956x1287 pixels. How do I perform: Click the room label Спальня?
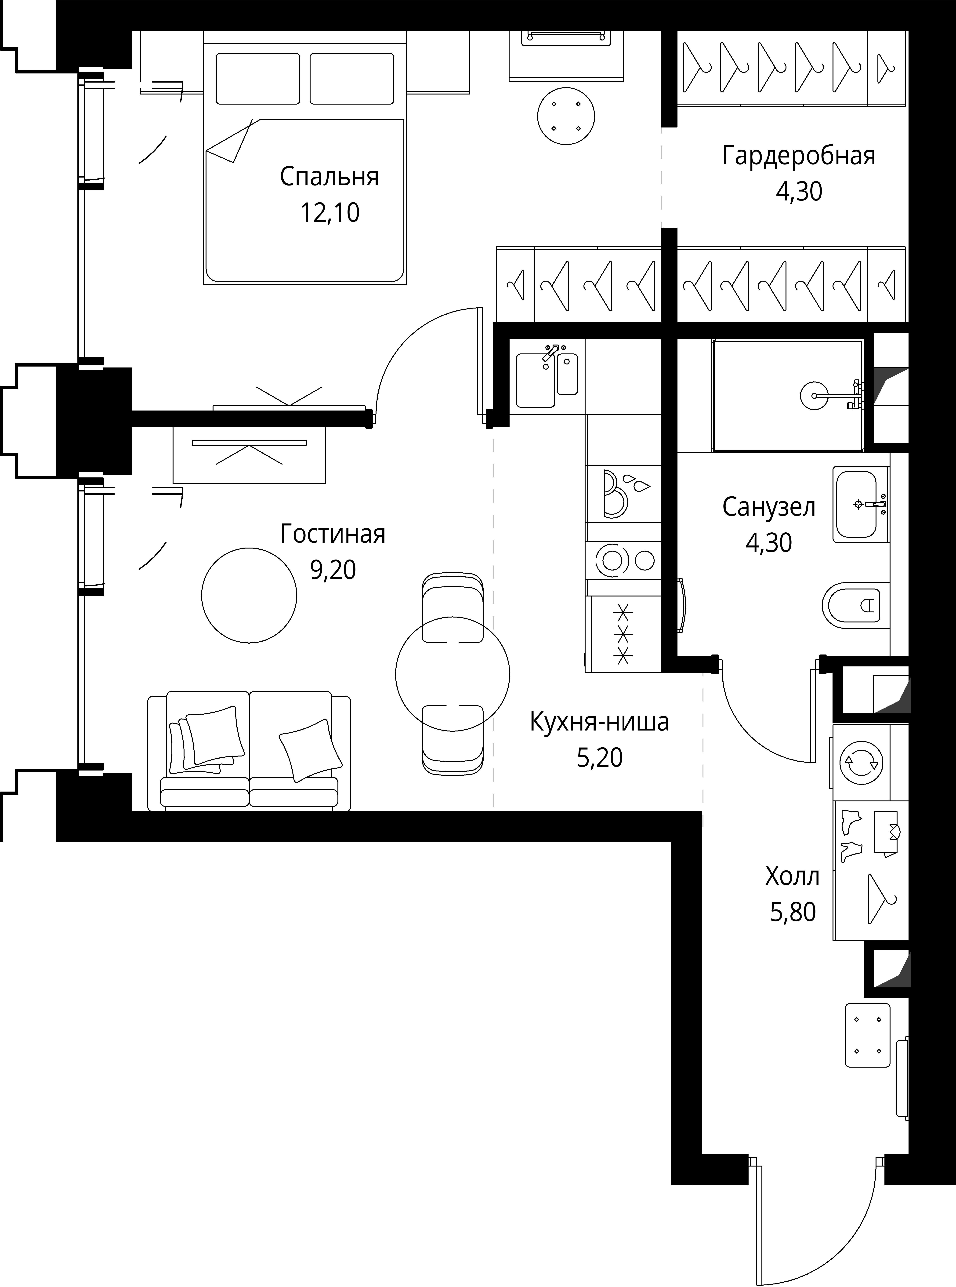[x=329, y=177]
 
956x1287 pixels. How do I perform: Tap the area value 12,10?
[x=329, y=213]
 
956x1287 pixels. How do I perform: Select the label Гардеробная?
[x=799, y=156]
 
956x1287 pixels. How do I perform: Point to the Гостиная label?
[x=333, y=534]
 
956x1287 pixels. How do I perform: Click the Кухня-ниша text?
[x=600, y=722]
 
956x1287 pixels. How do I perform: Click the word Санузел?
[x=768, y=507]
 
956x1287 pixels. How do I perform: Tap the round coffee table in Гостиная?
[x=249, y=596]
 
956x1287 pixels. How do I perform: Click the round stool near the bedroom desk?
[x=566, y=116]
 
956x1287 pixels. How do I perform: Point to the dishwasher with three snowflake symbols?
[x=623, y=634]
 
